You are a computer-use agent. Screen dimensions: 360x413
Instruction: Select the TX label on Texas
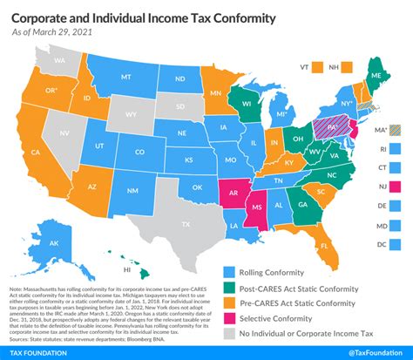tap(185, 223)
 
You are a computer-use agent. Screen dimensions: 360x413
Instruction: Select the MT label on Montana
tap(125, 76)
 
